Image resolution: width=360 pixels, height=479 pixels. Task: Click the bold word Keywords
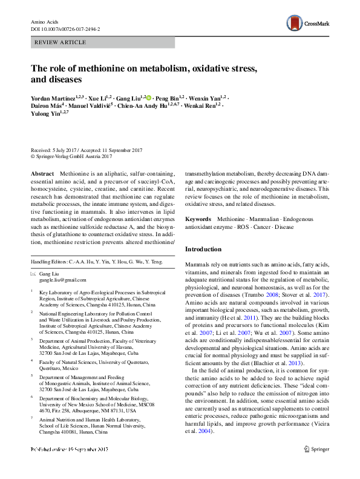click(198, 219)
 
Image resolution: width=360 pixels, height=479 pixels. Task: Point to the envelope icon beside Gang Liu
click(33, 274)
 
